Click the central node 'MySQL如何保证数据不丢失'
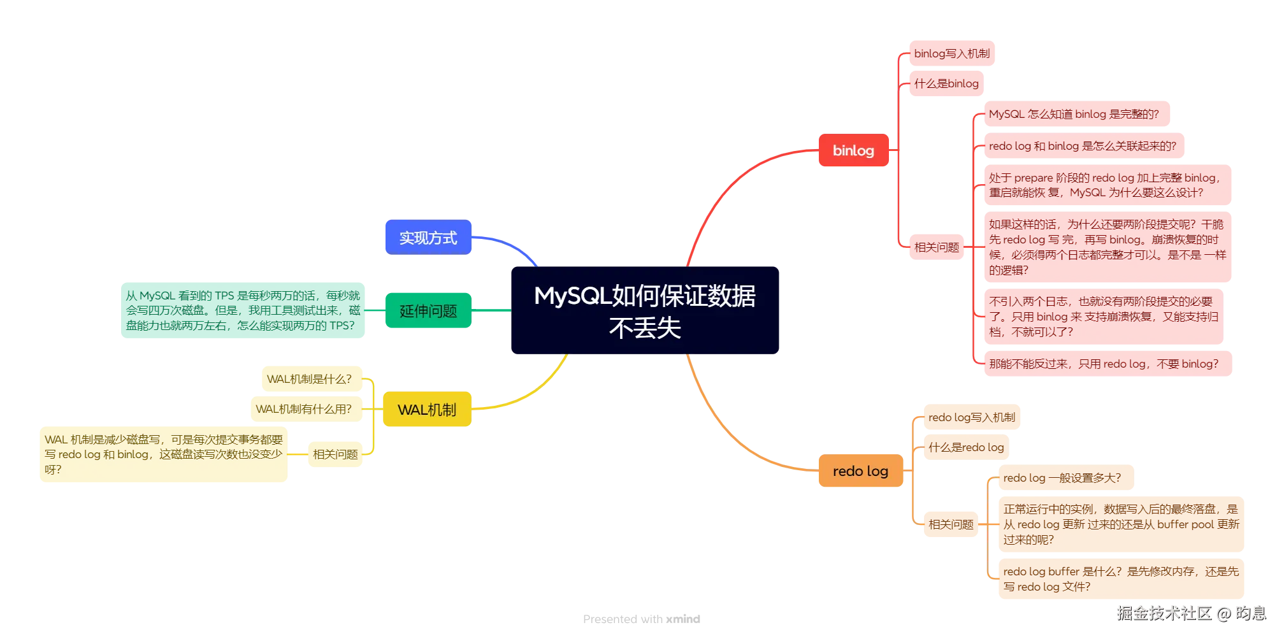point(645,311)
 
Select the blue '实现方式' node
point(428,238)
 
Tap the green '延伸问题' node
point(428,311)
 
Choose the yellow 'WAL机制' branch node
point(426,410)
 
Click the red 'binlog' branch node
point(853,150)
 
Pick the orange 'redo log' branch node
point(860,471)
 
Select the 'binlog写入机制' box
point(951,54)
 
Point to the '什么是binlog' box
point(946,83)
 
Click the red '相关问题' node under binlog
point(936,247)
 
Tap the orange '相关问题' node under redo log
point(950,524)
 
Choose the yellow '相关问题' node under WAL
point(335,454)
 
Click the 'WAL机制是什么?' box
point(310,379)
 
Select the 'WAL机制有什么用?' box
point(304,409)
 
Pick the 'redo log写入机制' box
point(971,417)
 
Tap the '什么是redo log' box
point(965,447)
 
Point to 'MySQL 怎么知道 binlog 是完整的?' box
point(1074,114)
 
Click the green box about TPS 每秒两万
point(242,310)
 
